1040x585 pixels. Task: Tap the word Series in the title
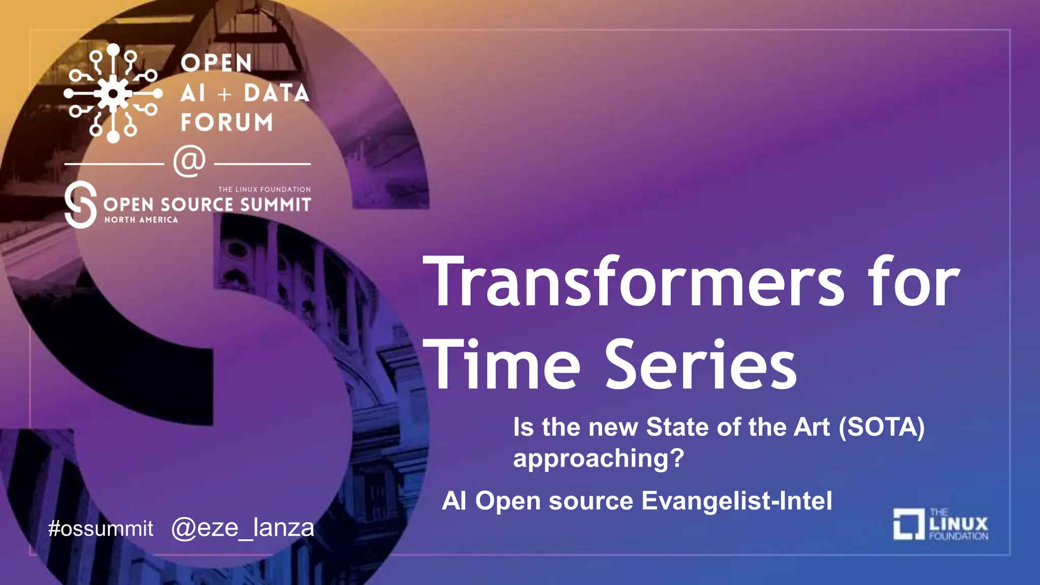(701, 365)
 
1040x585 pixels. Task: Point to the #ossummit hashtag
(101, 529)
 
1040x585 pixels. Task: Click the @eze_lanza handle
(243, 528)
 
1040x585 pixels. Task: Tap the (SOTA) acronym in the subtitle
(882, 427)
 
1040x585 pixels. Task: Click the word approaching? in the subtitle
(598, 458)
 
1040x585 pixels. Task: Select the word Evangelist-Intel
(737, 501)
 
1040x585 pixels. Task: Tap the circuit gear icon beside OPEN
(113, 93)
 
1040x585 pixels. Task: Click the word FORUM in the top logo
(226, 122)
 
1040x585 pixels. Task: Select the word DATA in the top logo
(276, 93)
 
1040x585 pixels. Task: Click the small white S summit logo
(81, 205)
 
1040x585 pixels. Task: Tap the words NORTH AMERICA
(141, 220)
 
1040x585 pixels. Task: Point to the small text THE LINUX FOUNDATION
(264, 189)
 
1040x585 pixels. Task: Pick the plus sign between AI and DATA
(224, 94)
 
